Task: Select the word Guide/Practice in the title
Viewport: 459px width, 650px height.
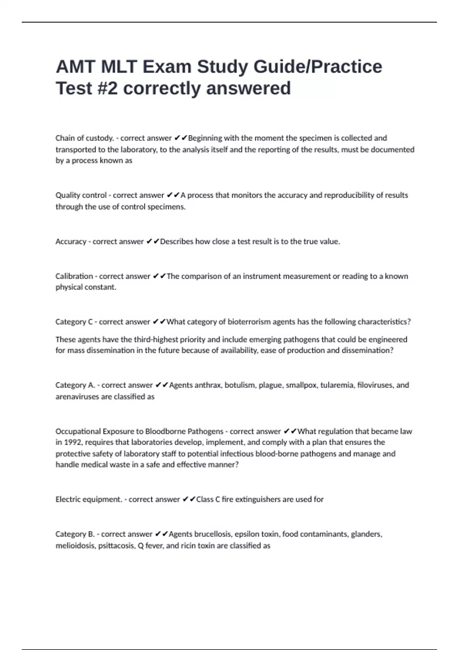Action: tap(318, 67)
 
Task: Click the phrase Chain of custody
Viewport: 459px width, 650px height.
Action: tap(85, 138)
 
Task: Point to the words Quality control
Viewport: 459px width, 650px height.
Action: tap(81, 195)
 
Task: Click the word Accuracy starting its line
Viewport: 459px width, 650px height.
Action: tap(71, 242)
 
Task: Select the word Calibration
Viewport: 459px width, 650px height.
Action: tap(74, 276)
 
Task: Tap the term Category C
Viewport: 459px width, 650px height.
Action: tap(74, 322)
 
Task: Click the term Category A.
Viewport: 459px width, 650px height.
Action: tap(75, 385)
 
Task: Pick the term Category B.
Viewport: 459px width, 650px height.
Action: tap(75, 534)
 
